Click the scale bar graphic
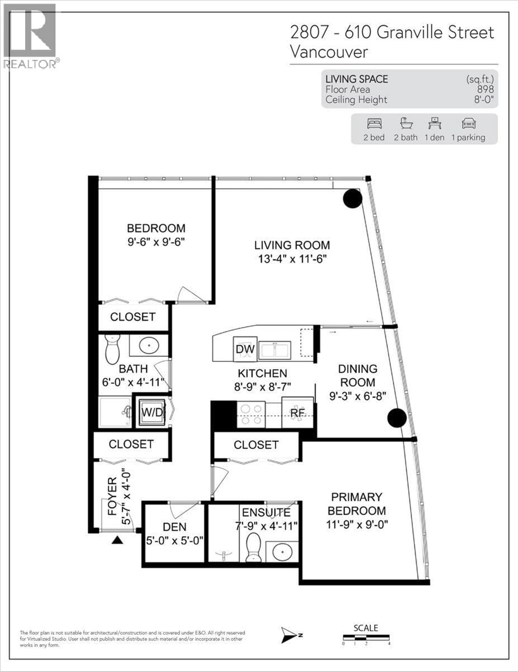[x=366, y=637]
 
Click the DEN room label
[x=174, y=527]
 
